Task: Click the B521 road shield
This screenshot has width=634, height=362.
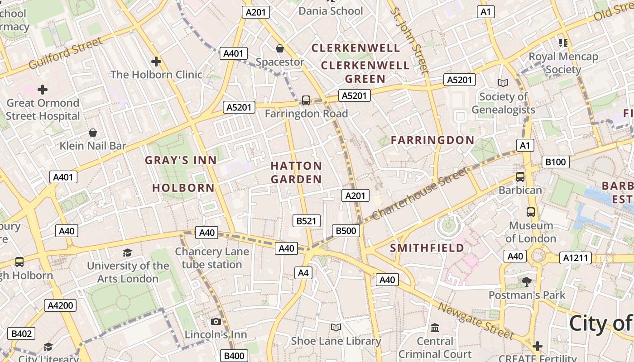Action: click(307, 221)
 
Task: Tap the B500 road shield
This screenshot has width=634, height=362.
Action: click(346, 231)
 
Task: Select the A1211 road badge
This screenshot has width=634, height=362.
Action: click(576, 258)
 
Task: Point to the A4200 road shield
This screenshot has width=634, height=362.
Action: click(60, 305)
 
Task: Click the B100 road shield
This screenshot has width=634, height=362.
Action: click(555, 162)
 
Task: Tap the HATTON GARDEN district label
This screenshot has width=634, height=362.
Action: click(296, 172)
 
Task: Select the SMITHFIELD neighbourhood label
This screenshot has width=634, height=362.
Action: click(427, 248)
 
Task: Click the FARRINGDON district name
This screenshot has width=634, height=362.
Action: click(432, 140)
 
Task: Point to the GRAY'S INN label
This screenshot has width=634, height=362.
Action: click(181, 160)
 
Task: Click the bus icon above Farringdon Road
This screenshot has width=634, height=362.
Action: click(306, 100)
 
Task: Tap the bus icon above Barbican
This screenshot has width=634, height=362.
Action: click(520, 177)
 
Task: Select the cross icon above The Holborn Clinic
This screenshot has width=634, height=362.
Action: click(156, 61)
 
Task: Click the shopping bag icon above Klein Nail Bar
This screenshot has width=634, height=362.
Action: click(93, 133)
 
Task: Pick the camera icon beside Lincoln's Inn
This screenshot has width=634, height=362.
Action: click(216, 321)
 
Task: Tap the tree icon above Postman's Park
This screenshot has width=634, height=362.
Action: click(526, 282)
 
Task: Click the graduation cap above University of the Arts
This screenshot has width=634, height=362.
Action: click(128, 252)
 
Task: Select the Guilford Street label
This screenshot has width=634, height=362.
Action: click(66, 53)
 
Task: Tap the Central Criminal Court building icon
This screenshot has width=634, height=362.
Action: click(435, 328)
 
